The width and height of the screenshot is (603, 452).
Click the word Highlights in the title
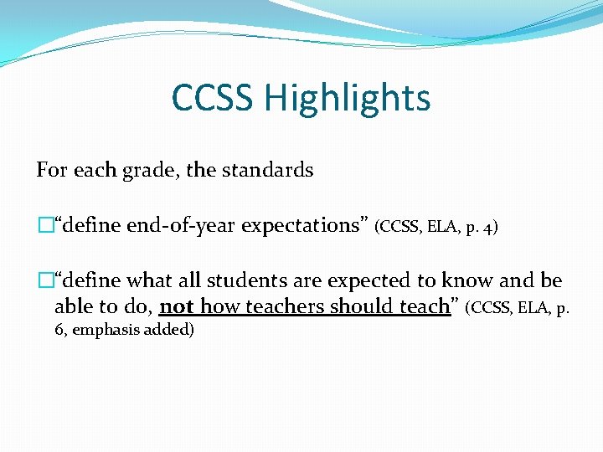347,99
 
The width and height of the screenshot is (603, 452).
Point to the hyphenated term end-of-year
183,225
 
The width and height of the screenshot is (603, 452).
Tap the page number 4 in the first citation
490,226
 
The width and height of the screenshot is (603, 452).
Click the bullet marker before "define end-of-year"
44,225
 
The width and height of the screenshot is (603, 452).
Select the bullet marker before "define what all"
44,280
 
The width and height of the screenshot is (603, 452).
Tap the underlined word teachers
283,306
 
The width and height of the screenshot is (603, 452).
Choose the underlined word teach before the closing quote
424,306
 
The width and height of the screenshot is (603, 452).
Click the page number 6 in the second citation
59,330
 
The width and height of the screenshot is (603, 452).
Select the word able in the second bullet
71,306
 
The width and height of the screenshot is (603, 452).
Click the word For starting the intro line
51,170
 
